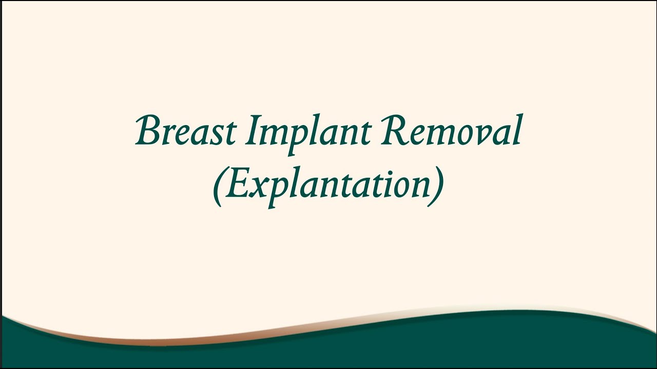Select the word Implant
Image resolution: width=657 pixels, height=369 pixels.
tap(307, 132)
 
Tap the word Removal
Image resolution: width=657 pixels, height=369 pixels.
tap(451, 131)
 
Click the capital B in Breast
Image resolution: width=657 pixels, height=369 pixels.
tap(149, 130)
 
